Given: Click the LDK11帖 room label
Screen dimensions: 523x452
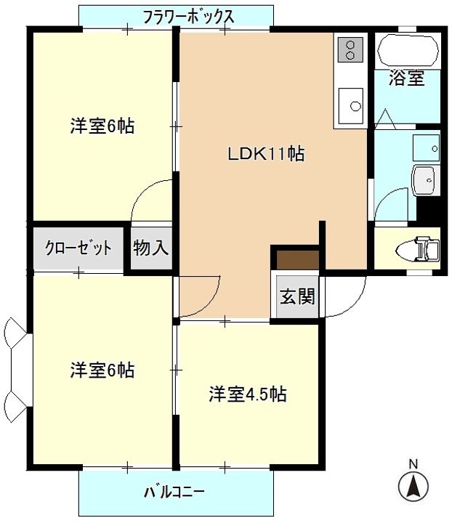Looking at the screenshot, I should pos(266,153).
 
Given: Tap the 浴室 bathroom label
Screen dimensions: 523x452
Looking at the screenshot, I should pos(406,78).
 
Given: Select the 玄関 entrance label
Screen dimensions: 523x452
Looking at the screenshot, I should pos(298,296).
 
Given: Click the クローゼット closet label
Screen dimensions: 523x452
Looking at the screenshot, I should pos(78,248).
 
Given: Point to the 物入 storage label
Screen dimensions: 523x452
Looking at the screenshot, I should pos(151,248).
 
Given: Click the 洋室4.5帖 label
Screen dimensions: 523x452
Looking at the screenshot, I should pos(248,394).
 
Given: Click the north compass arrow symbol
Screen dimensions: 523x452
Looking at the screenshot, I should pos(413,485).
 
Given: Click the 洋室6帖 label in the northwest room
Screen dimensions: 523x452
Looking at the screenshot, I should pos(102,126).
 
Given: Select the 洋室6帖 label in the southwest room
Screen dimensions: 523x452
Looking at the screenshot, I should pos(102,370).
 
